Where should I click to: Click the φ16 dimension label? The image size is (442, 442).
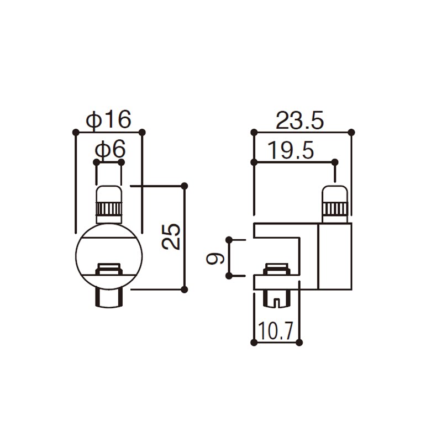coord(108,120)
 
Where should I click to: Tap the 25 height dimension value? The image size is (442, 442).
coord(171,236)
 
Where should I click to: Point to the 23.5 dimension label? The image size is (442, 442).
coord(300,120)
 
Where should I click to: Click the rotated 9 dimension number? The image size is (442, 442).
coord(215,258)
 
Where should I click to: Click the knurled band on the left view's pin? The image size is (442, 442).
coord(109,209)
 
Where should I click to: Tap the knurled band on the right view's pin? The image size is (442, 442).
coord(335,209)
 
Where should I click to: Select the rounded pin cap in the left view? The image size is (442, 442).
coord(109,194)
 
